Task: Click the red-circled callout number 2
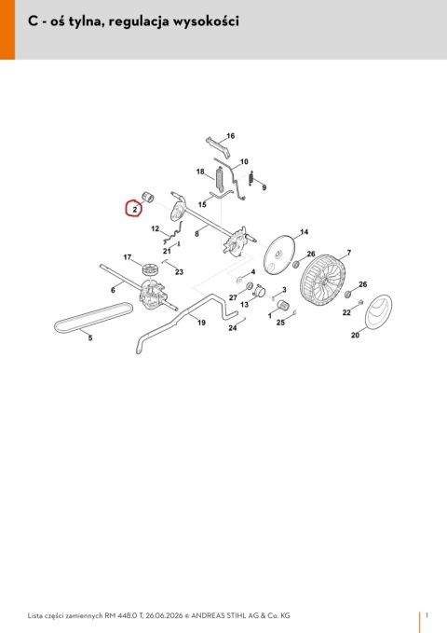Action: [135, 210]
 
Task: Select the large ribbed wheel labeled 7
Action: [323, 281]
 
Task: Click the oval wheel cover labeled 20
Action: [378, 312]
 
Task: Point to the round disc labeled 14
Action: [279, 255]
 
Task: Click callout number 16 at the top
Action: [230, 136]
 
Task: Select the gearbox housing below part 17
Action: [153, 295]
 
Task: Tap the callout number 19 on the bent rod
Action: [201, 323]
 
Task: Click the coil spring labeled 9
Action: [251, 178]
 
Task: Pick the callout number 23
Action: [179, 271]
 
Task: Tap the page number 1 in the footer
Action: [427, 615]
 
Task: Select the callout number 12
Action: [156, 229]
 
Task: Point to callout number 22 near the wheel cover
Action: [346, 312]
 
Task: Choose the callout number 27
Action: [233, 297]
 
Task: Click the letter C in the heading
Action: [33, 21]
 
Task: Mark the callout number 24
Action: [233, 328]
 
